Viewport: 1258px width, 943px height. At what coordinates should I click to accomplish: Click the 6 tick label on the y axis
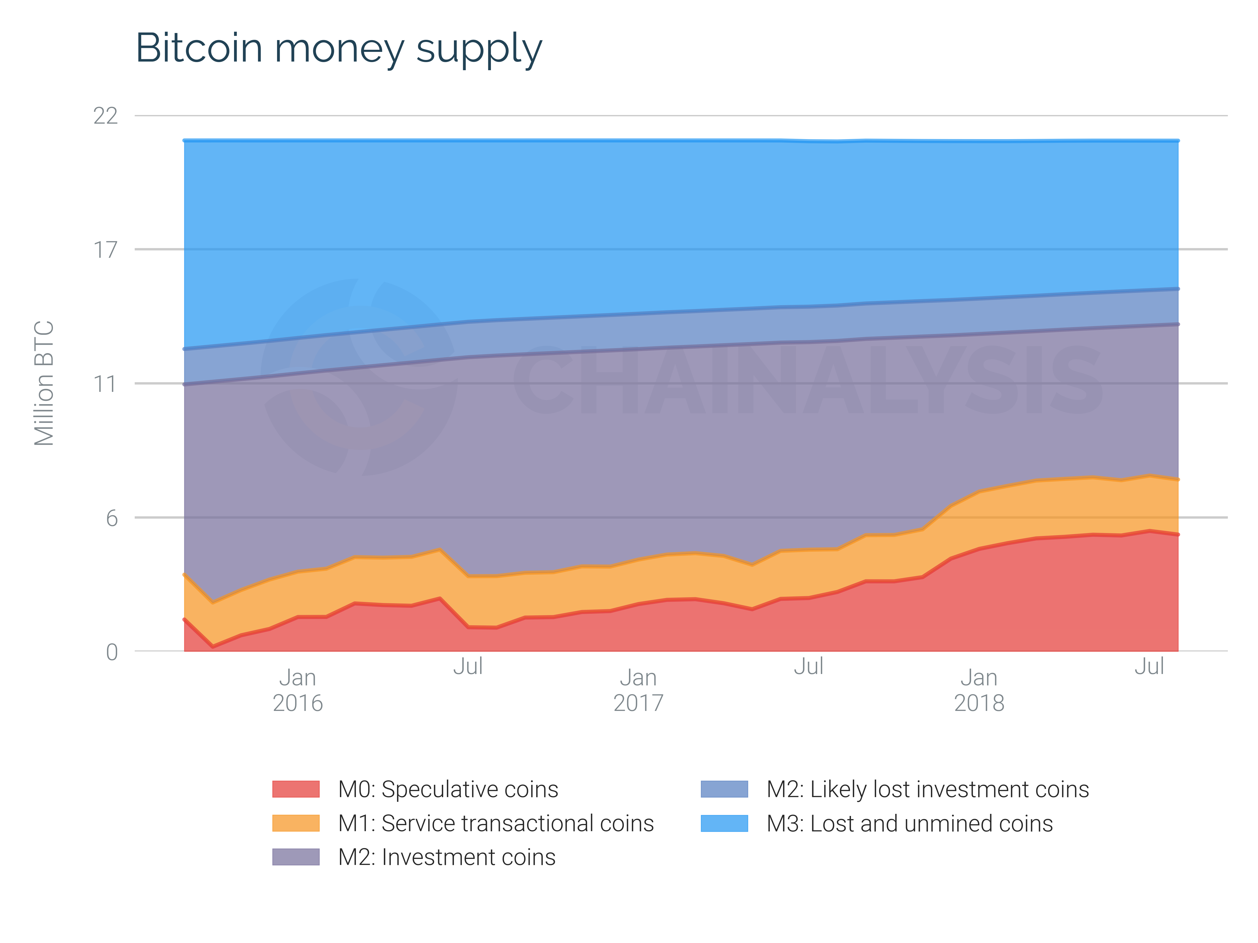(111, 518)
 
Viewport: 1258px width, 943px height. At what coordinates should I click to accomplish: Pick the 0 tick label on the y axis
(111, 652)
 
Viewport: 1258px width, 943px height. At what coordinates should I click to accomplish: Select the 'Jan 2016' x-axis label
(297, 690)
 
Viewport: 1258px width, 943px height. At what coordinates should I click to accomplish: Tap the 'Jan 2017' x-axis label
(638, 690)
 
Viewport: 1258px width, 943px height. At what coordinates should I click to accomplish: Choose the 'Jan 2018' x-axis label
(979, 690)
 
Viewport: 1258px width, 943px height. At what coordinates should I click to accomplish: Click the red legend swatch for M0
(296, 789)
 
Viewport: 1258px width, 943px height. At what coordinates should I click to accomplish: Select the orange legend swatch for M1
(296, 823)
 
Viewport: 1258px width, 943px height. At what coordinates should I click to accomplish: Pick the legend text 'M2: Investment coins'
(446, 857)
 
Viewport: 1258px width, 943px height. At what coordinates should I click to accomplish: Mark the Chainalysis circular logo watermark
(359, 377)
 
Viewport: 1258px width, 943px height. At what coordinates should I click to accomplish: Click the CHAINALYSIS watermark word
(807, 380)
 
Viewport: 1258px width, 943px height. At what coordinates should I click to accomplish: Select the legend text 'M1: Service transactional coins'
(496, 823)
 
